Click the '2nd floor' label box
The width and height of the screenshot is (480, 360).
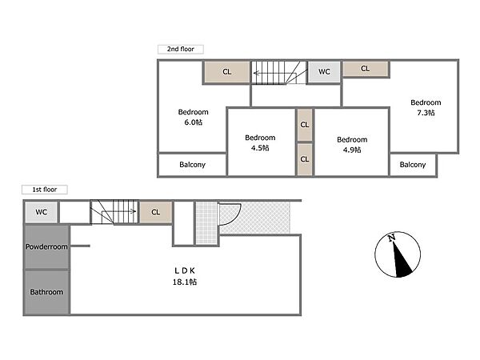pos(181,49)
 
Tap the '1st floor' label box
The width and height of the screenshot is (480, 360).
pos(45,190)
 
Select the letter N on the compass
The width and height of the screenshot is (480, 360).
pos(391,238)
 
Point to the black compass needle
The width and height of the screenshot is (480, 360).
pos(402,259)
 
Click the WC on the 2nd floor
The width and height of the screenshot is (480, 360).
pos(324,72)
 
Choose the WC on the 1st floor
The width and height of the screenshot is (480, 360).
pos(42,212)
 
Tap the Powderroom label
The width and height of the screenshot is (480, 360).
pos(46,246)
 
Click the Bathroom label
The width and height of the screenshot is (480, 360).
pos(46,292)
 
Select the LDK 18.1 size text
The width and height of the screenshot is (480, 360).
pos(185,282)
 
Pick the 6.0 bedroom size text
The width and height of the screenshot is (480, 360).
pos(193,122)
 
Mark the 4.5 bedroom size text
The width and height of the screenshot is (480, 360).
pos(260,148)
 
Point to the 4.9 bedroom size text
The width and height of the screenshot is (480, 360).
pos(352,150)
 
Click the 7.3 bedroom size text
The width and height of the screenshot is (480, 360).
pos(426,113)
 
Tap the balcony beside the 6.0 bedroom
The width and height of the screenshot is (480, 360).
pos(192,165)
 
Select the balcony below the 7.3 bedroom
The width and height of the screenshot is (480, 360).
pos(413,165)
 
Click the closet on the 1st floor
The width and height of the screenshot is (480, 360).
pos(156,212)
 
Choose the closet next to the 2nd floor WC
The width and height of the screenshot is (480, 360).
pos(366,69)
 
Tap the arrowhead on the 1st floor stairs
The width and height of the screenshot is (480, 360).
pos(134,211)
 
